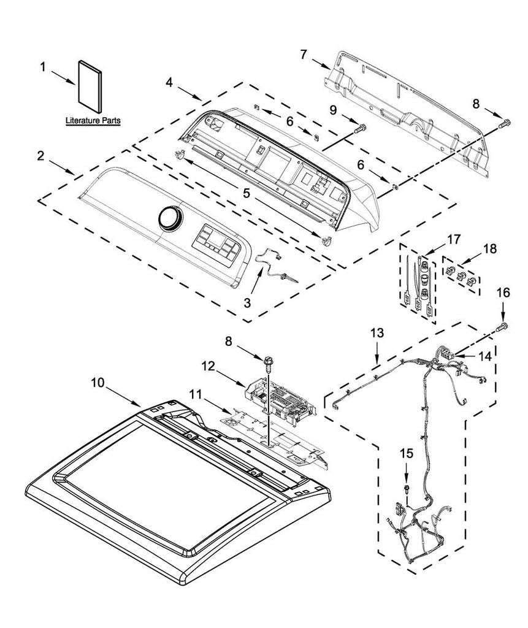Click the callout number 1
(42, 67)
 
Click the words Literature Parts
(93, 122)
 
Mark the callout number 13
(378, 332)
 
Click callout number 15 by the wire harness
(407, 453)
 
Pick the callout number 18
(489, 249)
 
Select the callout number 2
(40, 156)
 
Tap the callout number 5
(246, 193)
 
